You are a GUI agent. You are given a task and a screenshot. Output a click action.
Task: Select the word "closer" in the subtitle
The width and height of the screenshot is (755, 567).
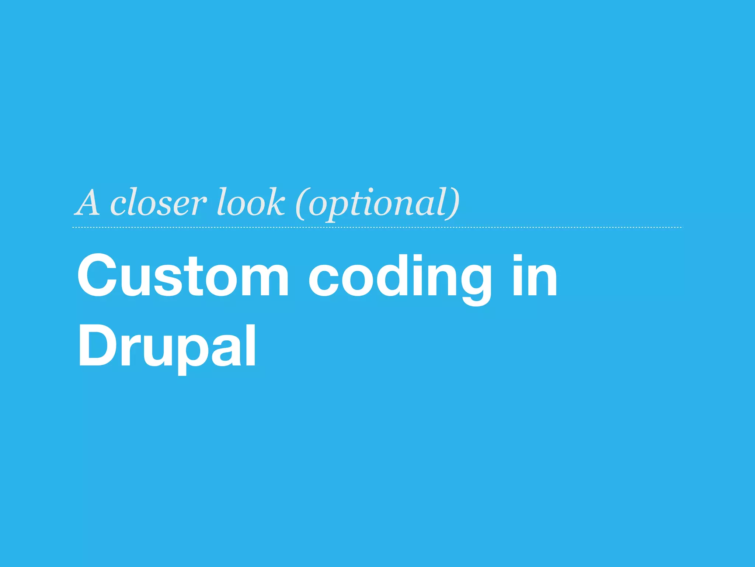(x=158, y=203)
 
